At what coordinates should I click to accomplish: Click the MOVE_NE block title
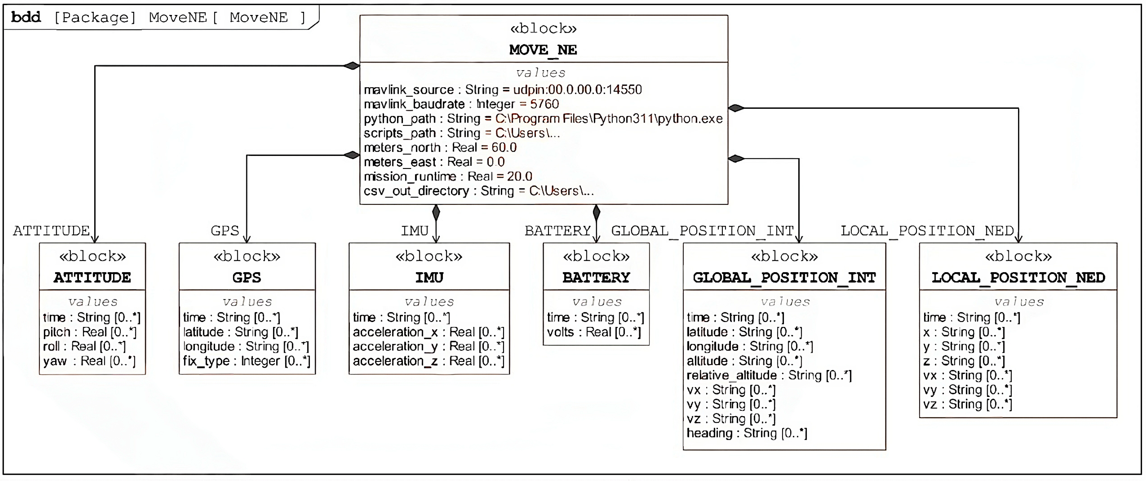[543, 50]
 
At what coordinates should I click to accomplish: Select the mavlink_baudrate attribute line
[461, 104]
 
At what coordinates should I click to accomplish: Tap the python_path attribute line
[543, 119]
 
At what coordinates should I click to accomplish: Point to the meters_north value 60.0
[504, 147]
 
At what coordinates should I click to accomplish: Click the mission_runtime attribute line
[448, 176]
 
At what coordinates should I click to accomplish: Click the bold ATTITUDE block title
[92, 277]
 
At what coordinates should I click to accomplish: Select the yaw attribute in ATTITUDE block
[89, 361]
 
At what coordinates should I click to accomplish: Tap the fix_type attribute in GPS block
[247, 361]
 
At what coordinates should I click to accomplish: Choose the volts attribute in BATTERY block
[594, 332]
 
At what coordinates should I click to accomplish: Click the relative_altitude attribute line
[769, 375]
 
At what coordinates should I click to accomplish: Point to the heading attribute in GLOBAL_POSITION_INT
[747, 433]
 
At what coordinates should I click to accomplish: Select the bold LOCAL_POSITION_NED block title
[1018, 277]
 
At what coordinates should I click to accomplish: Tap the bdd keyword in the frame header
[26, 17]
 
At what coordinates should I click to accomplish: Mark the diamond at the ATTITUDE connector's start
[351, 66]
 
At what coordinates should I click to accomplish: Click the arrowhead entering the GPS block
[247, 239]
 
